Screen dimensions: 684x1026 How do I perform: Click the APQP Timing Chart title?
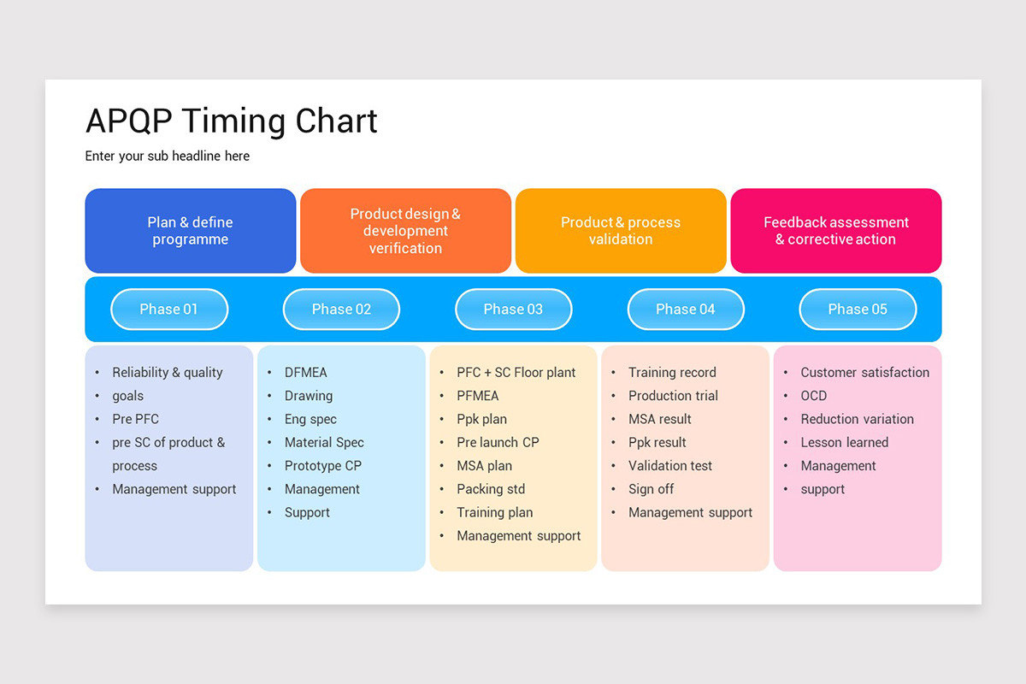tap(231, 121)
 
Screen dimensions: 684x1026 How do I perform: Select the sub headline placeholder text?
tap(168, 156)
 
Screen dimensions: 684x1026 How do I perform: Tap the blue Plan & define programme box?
tap(191, 231)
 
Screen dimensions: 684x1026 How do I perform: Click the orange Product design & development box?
tap(405, 231)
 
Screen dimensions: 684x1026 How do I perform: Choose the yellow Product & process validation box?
tap(621, 231)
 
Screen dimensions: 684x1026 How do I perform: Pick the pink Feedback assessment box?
tap(835, 231)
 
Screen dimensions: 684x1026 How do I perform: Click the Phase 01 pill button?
tap(169, 310)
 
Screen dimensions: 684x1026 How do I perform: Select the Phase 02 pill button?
tap(341, 310)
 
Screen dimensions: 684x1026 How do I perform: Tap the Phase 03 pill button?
tap(513, 310)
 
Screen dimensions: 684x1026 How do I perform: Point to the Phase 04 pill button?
tap(685, 310)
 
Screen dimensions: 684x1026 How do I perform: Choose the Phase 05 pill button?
tap(858, 310)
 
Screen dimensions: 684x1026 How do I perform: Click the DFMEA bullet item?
tap(305, 373)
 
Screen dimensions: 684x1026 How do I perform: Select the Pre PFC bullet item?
tap(135, 419)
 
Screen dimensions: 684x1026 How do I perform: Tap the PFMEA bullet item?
tap(477, 396)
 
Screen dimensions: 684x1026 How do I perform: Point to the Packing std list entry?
tap(491, 489)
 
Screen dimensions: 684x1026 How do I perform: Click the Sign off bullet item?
tap(651, 489)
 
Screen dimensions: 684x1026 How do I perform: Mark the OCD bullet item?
tap(813, 396)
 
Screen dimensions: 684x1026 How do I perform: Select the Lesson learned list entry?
tap(844, 442)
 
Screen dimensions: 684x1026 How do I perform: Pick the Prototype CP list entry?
tap(322, 466)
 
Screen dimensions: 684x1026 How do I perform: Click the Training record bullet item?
tap(672, 373)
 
